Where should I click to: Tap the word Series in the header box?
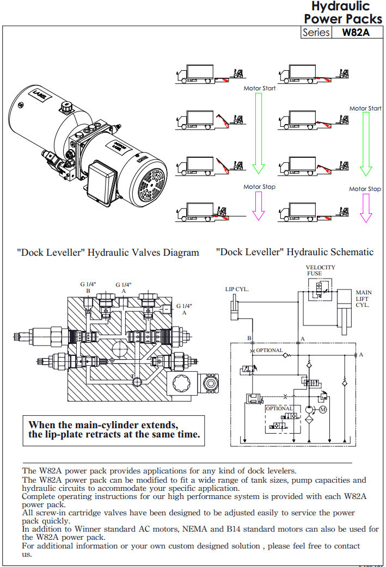[x=316, y=32]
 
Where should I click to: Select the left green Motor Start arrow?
[x=259, y=131]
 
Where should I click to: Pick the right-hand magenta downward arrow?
[x=366, y=207]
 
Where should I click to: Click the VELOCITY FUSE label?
[x=320, y=270]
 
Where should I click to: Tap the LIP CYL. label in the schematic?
[x=237, y=289]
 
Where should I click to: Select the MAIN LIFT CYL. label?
[x=363, y=299]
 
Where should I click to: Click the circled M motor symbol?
[x=322, y=409]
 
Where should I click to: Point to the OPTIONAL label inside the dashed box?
[x=279, y=408]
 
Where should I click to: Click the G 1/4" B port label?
[x=88, y=288]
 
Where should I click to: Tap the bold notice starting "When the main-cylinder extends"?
[x=114, y=429]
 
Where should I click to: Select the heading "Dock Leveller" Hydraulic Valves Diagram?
[x=108, y=252]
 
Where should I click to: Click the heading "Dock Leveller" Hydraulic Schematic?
[x=295, y=252]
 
